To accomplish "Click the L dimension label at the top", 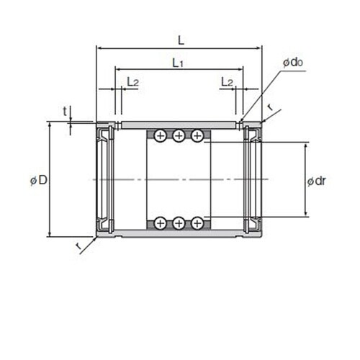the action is click(181, 40).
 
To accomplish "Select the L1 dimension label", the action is click(178, 63).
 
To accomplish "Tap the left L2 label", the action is click(132, 82).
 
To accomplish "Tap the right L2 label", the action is click(227, 82).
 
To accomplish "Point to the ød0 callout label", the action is click(293, 63).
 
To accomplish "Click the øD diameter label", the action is click(39, 180).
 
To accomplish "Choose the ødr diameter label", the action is click(317, 181).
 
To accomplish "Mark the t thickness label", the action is click(65, 112).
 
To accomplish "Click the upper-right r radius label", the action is click(271, 107).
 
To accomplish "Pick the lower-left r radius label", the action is click(78, 246).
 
